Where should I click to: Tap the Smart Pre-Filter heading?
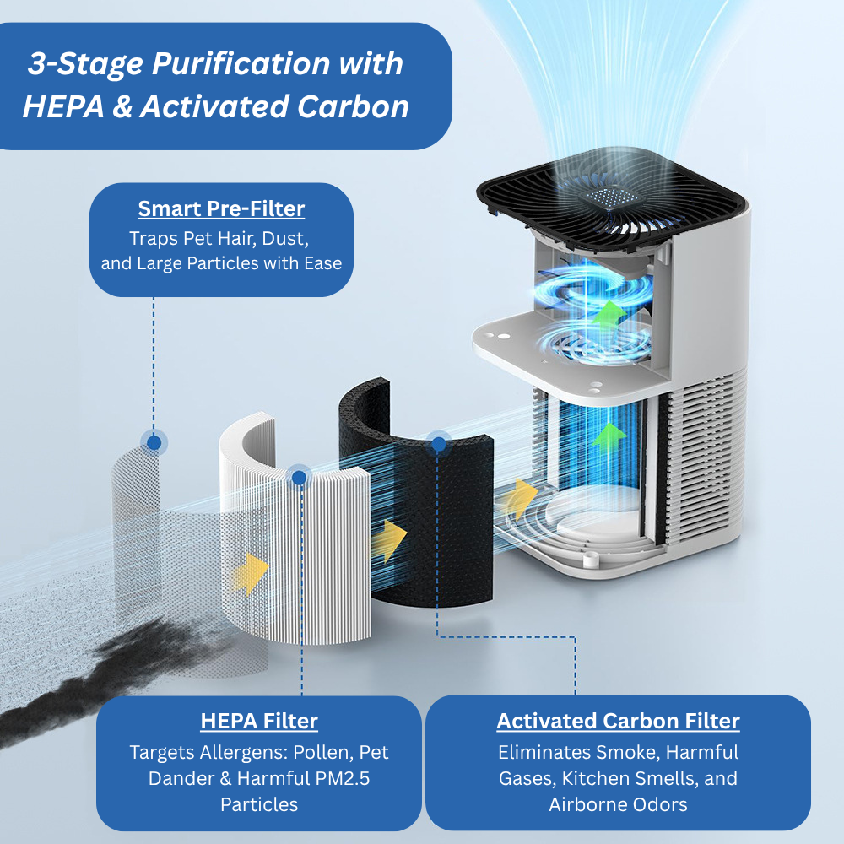point(221,208)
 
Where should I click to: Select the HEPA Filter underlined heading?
point(259,721)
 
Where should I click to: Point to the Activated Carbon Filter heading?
point(618,721)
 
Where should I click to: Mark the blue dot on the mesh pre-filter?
point(154,441)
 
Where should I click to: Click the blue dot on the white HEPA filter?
point(298,478)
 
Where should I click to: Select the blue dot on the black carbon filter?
point(437,443)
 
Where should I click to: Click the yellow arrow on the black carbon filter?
point(389,539)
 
